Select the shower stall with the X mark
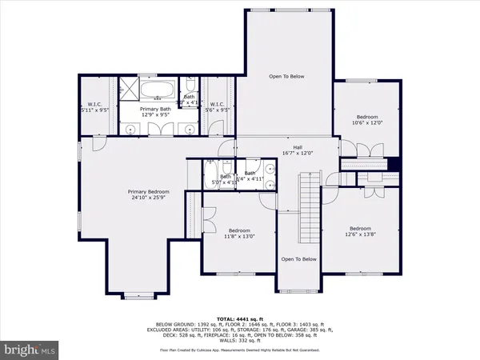(x=130, y=89)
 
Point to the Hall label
(x=297, y=146)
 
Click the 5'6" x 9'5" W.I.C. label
(x=218, y=110)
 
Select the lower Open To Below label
(x=298, y=259)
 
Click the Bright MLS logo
(x=30, y=350)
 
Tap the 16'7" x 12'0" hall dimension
(x=297, y=153)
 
